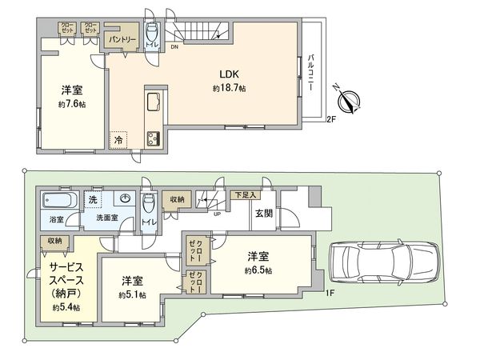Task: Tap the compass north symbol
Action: [350, 101]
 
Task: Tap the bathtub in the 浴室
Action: [58, 200]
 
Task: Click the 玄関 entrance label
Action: [264, 214]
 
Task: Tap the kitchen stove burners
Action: [153, 138]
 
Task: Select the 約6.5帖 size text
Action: [258, 271]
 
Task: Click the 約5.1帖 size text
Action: [132, 295]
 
